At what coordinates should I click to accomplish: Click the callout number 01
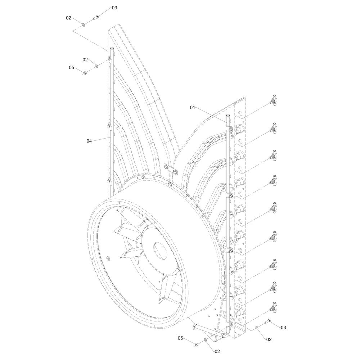192,107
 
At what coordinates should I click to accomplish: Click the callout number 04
89,141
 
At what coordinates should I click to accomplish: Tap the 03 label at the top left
114,8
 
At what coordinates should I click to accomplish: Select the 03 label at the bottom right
283,327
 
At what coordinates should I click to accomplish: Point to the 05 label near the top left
72,68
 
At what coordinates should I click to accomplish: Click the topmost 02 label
69,18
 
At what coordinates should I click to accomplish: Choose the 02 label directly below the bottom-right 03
269,339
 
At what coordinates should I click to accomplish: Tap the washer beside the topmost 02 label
83,24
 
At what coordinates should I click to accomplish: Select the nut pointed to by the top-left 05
85,73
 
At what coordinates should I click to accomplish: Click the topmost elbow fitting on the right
274,100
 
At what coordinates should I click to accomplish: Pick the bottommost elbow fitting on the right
274,307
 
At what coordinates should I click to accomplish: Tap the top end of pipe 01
228,116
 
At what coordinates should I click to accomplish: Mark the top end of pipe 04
111,49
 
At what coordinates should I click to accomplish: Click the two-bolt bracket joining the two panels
170,168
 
